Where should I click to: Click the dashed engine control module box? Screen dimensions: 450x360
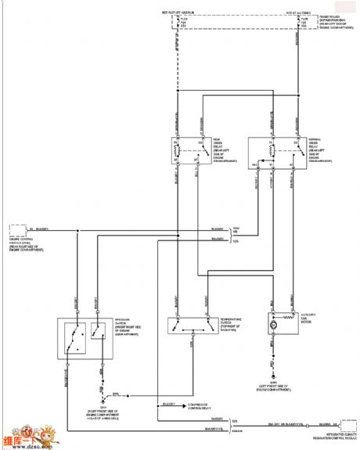(16, 231)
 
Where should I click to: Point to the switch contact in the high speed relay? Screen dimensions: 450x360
(194, 149)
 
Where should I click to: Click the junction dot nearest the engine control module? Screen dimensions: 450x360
(77, 231)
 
